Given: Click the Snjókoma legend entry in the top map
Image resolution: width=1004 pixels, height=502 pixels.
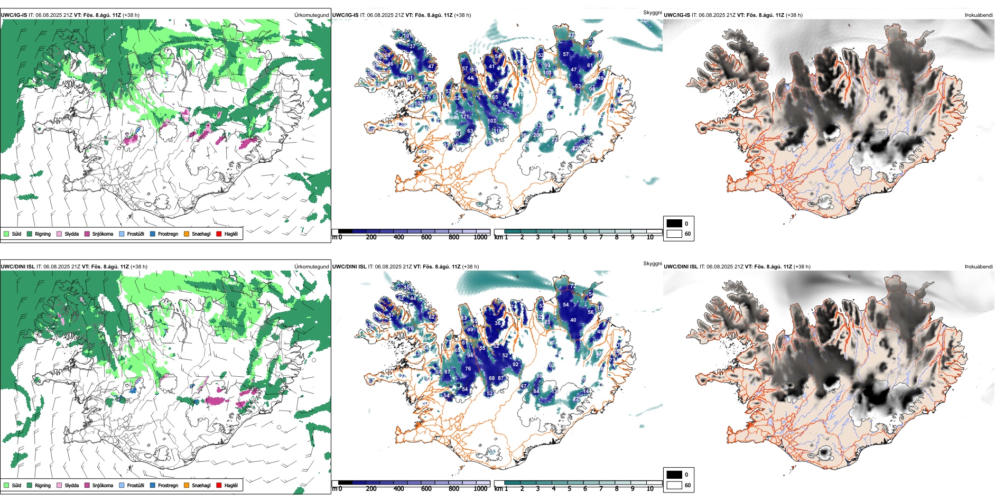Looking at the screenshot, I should [x=102, y=234].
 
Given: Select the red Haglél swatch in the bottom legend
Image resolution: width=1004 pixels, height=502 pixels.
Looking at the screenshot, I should [x=219, y=485].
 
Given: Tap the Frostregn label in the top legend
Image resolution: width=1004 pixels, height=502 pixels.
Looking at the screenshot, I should [x=168, y=234].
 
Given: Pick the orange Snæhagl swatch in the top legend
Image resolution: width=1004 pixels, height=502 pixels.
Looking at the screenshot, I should [x=187, y=234].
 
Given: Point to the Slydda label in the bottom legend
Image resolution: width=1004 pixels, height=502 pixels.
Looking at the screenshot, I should [x=71, y=485].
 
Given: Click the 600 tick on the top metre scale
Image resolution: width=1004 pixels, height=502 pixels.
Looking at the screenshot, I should [x=426, y=237].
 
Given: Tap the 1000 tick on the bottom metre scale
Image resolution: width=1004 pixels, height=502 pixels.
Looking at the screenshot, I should [x=480, y=489].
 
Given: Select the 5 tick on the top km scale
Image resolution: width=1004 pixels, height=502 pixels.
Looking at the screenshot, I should [x=569, y=237].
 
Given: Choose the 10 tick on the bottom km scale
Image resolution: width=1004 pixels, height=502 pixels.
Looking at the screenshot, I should [x=650, y=489].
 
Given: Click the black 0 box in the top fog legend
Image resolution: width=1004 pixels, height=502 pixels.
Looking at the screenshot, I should [x=674, y=224].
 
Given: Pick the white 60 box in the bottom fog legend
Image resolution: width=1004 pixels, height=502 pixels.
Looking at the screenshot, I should [x=674, y=485].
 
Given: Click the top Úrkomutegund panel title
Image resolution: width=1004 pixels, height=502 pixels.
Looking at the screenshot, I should [x=311, y=15].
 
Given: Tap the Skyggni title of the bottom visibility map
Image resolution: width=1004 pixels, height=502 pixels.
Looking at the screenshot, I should [x=652, y=263].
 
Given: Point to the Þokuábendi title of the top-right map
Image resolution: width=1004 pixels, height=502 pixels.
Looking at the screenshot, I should [x=979, y=15].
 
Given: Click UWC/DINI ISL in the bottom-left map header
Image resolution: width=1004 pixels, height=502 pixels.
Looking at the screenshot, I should [x=17, y=267].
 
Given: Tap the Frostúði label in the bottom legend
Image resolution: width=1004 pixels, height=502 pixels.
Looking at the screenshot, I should [x=135, y=485].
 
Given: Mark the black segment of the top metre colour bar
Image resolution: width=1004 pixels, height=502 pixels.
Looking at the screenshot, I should [x=345, y=231].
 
